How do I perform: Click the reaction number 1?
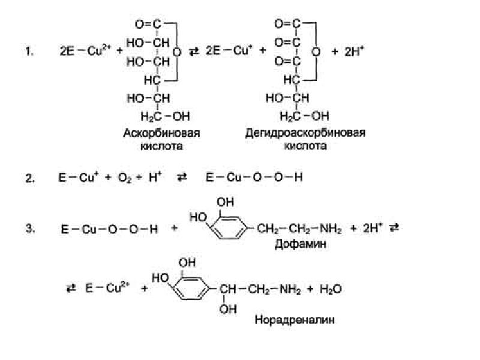[x=29, y=51]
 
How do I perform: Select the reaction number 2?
[x=29, y=178]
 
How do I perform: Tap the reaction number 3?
[x=29, y=229]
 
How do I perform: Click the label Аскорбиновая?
[x=161, y=133]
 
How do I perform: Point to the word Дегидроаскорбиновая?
[x=305, y=133]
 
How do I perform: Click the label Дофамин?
[x=300, y=244]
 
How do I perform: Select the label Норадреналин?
[x=295, y=320]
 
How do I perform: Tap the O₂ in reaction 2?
[x=125, y=178]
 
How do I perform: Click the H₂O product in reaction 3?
[x=331, y=289]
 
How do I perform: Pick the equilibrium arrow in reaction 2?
[x=182, y=178]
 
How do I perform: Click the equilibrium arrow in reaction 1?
[x=193, y=52]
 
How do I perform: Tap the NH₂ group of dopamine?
[x=331, y=229]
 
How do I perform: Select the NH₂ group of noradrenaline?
[x=290, y=289]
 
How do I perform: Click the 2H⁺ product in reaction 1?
[x=354, y=51]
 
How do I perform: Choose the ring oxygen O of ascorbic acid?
[x=176, y=52]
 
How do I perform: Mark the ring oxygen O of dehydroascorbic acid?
[x=316, y=52]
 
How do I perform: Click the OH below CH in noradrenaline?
[x=228, y=309]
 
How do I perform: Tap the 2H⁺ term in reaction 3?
[x=373, y=229]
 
